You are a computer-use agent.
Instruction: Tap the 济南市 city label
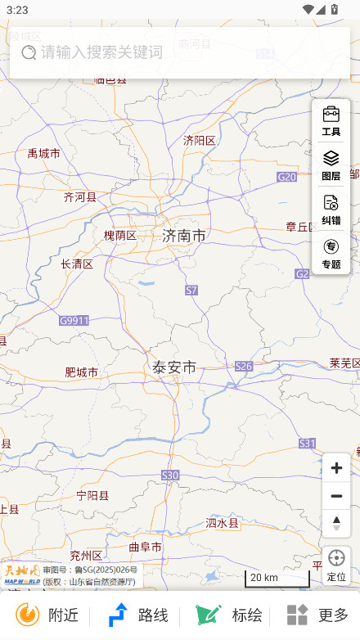184,236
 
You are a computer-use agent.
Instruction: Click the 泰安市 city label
174,367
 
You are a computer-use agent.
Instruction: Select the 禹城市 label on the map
43,153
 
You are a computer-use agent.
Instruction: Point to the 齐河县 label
79,196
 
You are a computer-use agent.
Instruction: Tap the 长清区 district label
77,264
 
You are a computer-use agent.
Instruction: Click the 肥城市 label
81,372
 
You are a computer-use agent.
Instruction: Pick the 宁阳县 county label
92,495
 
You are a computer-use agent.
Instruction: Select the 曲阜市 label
146,547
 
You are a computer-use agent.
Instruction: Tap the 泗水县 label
222,522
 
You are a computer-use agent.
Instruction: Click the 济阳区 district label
199,140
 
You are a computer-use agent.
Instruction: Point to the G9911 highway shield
74,321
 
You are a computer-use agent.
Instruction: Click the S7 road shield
191,290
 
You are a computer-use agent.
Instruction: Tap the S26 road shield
244,366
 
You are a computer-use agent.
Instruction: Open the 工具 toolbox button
331,121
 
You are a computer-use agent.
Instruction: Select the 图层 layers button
331,165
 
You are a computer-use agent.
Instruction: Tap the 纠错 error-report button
331,210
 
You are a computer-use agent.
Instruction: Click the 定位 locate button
336,565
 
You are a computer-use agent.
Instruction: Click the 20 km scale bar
277,579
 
